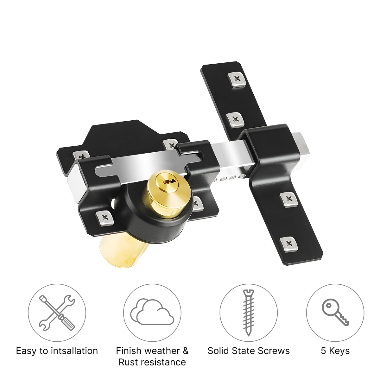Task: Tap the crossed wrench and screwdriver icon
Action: pos(57,313)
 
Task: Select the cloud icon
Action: pos(152,312)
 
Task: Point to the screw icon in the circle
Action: pos(249,313)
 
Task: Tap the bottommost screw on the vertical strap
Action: pos(289,244)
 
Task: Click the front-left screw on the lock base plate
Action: pos(105,218)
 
